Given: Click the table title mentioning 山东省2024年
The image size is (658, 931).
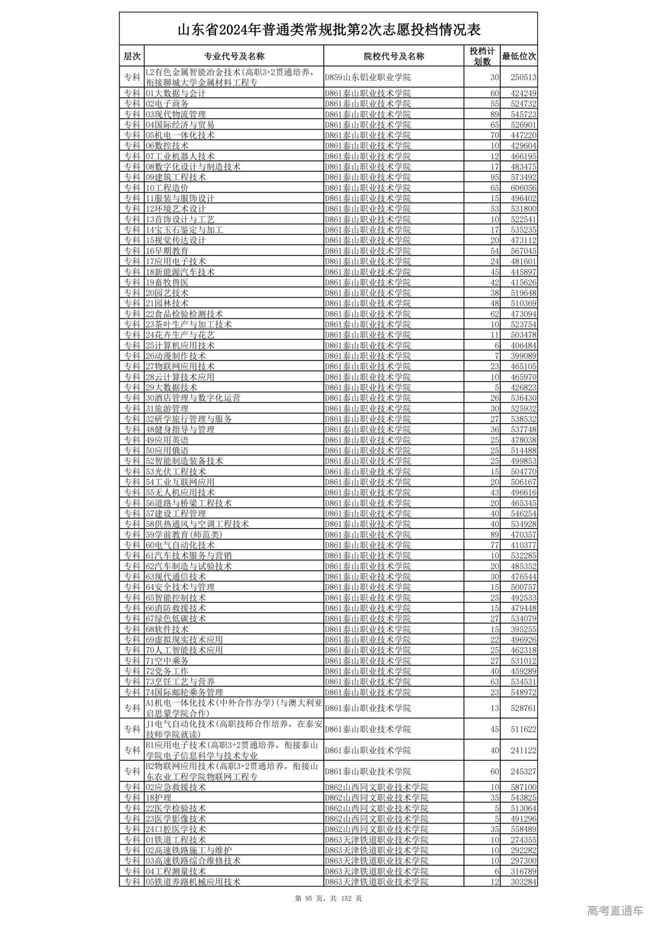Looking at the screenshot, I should pyautogui.click(x=328, y=30).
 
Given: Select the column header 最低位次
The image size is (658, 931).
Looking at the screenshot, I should pyautogui.click(x=519, y=56).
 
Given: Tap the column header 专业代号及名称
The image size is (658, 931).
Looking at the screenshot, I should pyautogui.click(x=234, y=56).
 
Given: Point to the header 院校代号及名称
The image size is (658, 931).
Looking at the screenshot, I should pyautogui.click(x=394, y=56).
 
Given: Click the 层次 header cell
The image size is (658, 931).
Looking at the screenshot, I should pyautogui.click(x=132, y=56).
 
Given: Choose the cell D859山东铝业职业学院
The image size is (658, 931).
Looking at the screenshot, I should pyautogui.click(x=368, y=77).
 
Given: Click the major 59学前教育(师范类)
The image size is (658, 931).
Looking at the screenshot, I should pyautogui.click(x=184, y=534).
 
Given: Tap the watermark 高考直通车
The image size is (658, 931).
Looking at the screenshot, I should pyautogui.click(x=615, y=911).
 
